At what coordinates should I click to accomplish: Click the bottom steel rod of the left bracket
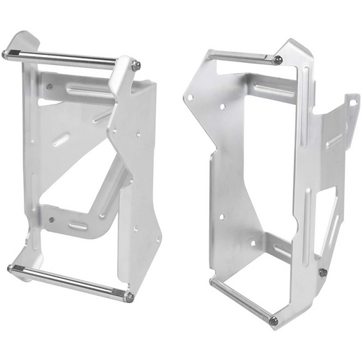point(69,282)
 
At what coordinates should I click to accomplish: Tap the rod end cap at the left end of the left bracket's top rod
point(6,53)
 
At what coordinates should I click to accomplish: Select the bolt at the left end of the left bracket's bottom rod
point(11,269)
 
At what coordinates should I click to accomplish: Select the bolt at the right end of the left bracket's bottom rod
point(128,297)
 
